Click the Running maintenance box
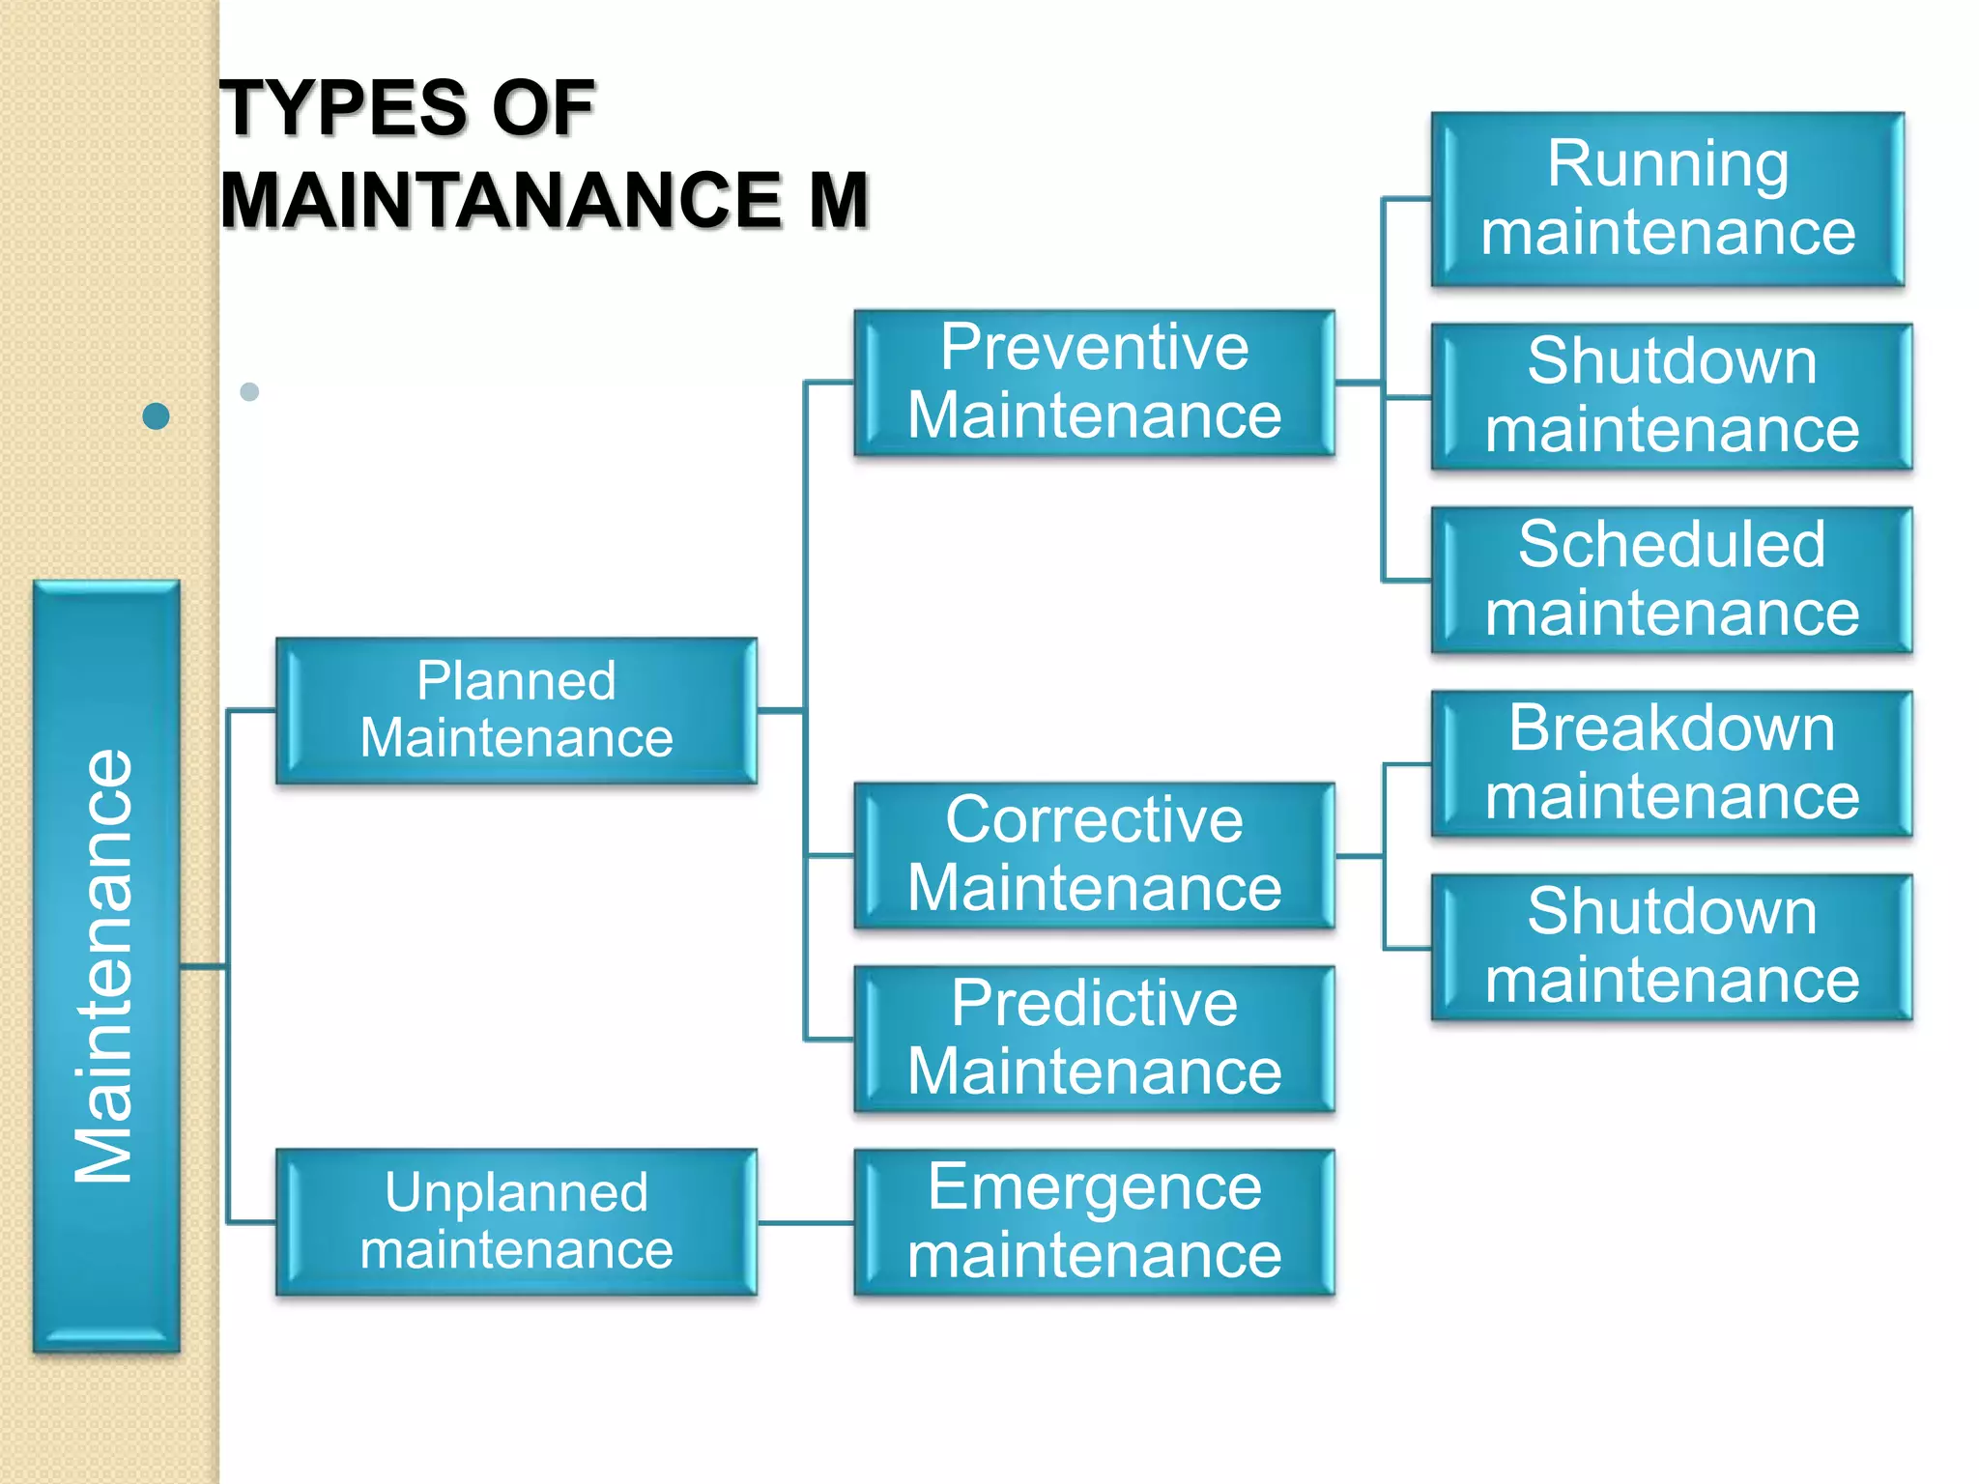[1668, 199]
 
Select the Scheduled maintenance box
[1672, 580]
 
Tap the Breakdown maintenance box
[1672, 763]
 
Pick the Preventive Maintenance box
[1094, 383]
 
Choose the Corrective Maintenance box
[1094, 855]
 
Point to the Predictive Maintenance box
[1094, 1039]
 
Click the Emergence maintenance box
[1094, 1222]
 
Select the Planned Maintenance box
[516, 710]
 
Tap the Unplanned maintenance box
[516, 1222]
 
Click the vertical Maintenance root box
[106, 966]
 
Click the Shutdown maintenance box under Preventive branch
[1672, 396]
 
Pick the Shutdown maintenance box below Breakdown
[1672, 947]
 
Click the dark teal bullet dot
[156, 416]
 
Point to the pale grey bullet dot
[249, 391]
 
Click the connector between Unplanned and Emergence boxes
[806, 1223]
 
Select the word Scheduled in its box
[1672, 544]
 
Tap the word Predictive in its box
[1094, 1003]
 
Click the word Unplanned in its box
[516, 1192]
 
